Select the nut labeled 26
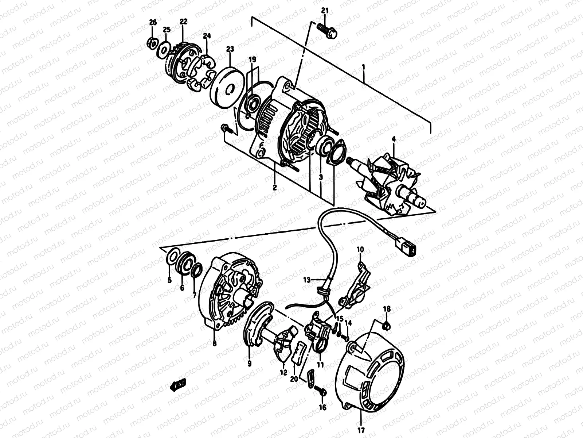[x=153, y=43]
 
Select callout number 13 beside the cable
[x=307, y=280]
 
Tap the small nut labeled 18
[x=388, y=324]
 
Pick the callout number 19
[x=253, y=59]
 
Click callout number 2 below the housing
[x=274, y=188]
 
